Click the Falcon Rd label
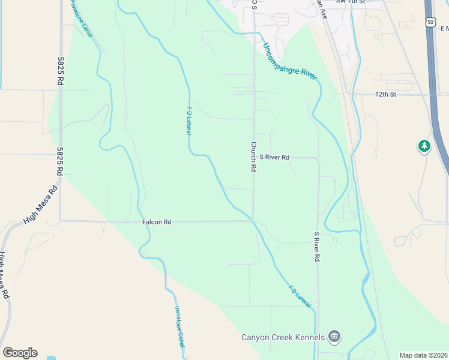(x=157, y=222)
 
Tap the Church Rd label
(x=254, y=157)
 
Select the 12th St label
(x=386, y=95)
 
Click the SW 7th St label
(x=351, y=2)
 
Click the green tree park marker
(x=424, y=146)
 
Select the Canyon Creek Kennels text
(x=283, y=337)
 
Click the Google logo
(x=20, y=353)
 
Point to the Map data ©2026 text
(x=423, y=355)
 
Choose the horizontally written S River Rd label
(x=274, y=157)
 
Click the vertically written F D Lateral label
(x=188, y=121)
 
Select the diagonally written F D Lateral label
(x=300, y=297)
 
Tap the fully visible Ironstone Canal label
(x=179, y=327)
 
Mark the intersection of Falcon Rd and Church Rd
(x=253, y=221)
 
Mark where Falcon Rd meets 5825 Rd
(x=60, y=221)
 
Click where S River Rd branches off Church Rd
(x=253, y=157)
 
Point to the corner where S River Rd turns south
(x=318, y=159)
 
